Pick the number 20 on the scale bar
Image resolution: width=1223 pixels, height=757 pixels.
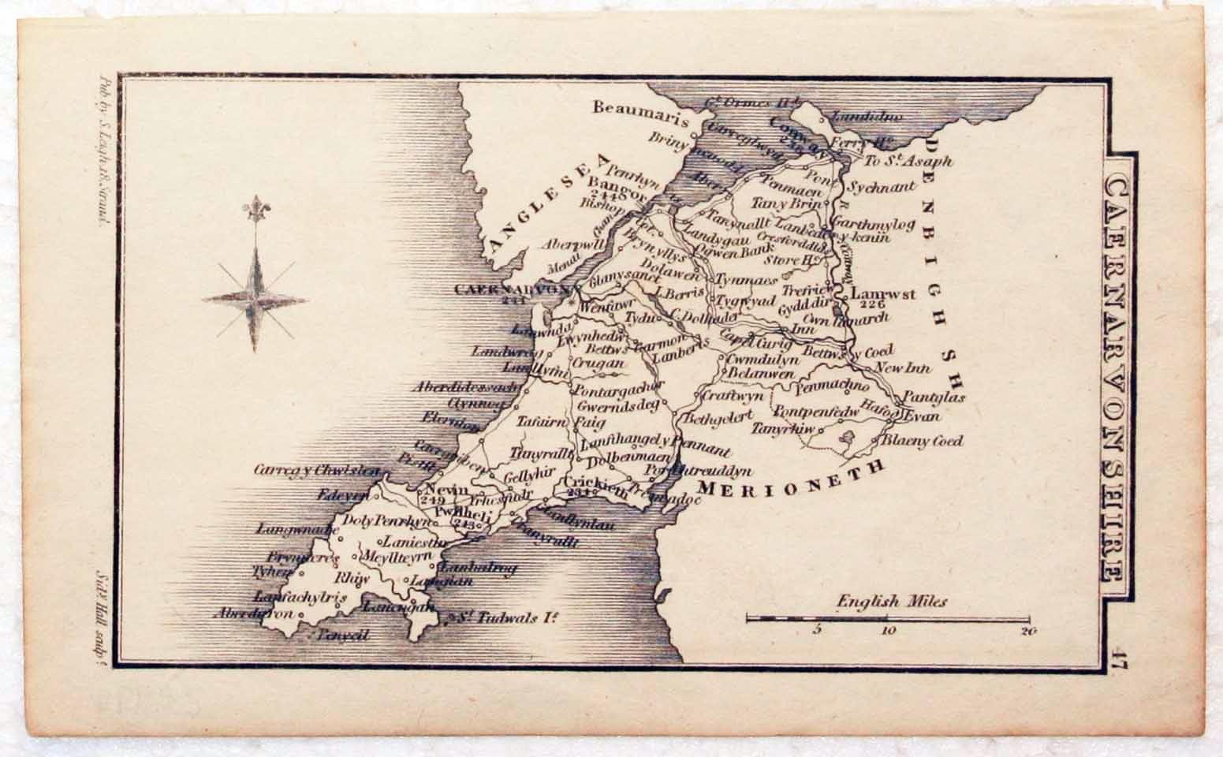coord(1026,631)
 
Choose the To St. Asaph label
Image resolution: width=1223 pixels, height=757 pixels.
coord(908,162)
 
